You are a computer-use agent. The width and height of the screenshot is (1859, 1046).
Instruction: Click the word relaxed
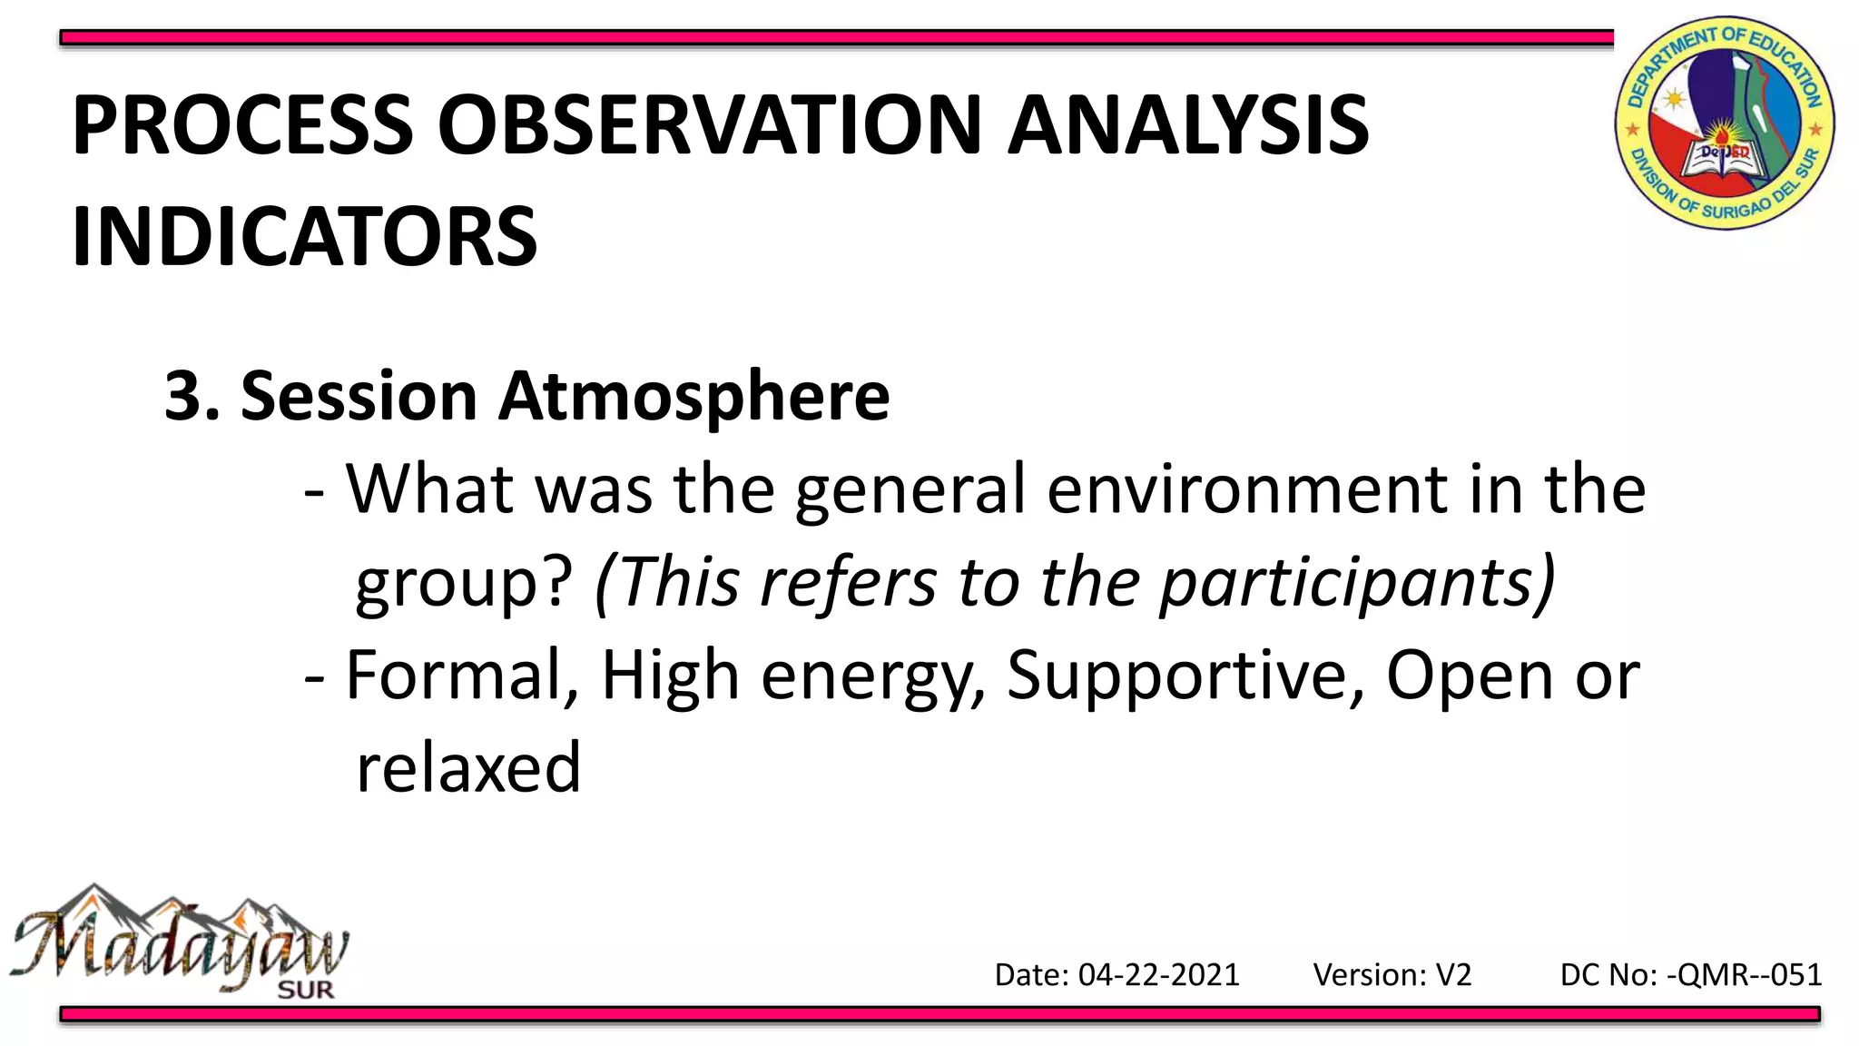[467, 768]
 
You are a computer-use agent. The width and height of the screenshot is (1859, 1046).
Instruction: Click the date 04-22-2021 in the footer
[1158, 975]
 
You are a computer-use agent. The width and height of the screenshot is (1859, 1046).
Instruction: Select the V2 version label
[1453, 975]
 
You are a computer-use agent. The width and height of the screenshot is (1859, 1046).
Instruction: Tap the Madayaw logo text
[177, 944]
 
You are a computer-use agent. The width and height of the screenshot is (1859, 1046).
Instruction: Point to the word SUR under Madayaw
[306, 990]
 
